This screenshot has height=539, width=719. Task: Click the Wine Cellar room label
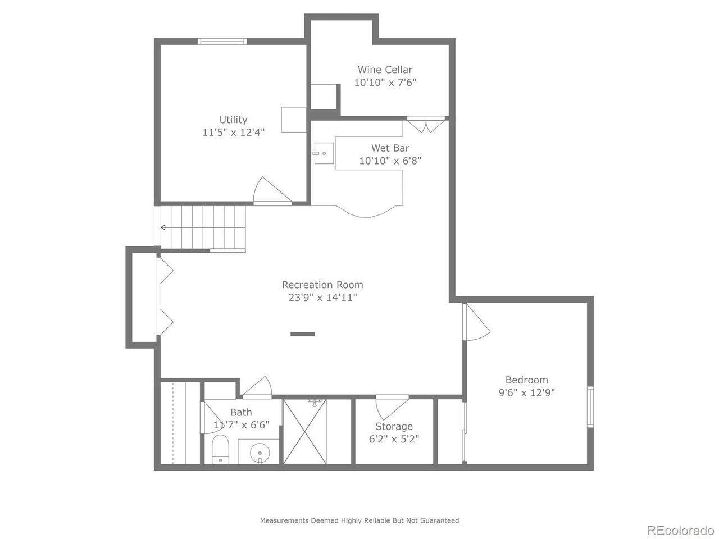[385, 70]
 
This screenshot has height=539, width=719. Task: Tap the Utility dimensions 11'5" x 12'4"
[233, 133]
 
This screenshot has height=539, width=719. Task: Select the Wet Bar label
[390, 148]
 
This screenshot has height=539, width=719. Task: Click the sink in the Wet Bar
[324, 153]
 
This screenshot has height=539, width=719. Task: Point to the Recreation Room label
[322, 285]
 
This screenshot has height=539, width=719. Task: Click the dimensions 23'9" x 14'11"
[322, 298]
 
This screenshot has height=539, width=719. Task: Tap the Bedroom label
[526, 380]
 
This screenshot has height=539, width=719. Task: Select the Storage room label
[394, 427]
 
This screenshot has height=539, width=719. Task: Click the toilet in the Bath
[220, 449]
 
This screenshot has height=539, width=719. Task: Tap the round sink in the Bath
[259, 451]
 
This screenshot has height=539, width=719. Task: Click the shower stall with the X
[308, 431]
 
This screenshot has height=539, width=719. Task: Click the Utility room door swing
[271, 191]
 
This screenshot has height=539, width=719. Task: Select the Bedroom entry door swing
[476, 322]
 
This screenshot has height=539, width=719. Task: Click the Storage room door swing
[392, 404]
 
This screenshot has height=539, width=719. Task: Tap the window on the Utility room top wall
[222, 41]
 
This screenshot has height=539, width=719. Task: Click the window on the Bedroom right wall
[590, 407]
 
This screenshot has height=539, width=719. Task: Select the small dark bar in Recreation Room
[303, 334]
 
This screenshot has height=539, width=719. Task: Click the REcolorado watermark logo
[680, 529]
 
